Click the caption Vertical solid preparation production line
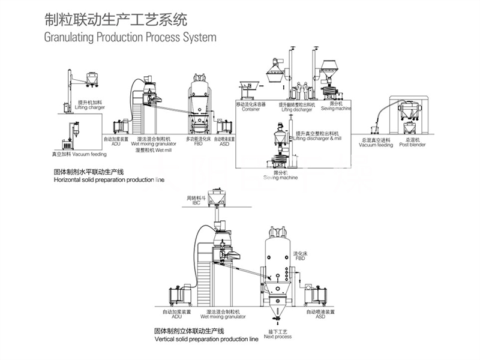click(x=206, y=338)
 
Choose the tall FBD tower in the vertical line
click(x=277, y=264)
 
